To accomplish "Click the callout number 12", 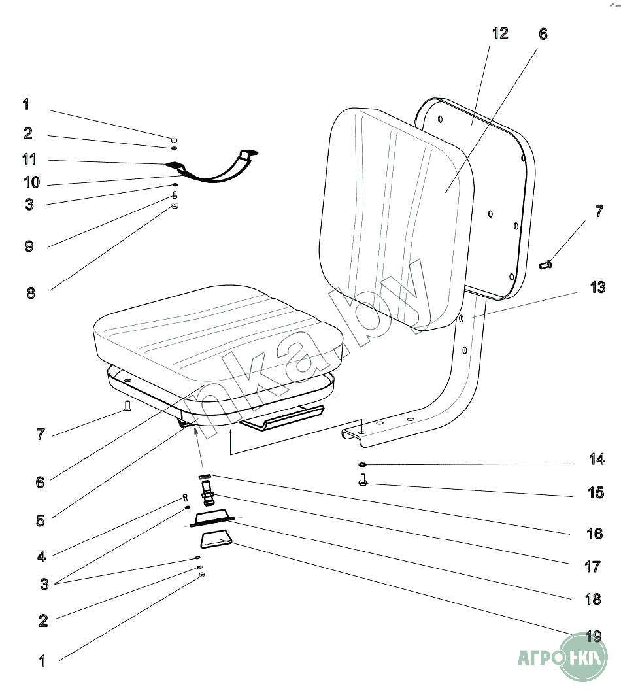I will click(499, 33).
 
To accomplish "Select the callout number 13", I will click(597, 287).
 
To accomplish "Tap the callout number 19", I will click(593, 636).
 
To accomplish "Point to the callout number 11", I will click(29, 160).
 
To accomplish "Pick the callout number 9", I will click(29, 246).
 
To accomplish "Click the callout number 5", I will click(40, 520).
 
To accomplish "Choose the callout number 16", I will click(594, 534).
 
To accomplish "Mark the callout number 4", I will click(41, 556).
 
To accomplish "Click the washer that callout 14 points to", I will click(362, 465).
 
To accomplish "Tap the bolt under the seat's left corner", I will click(128, 407).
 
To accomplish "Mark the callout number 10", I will click(31, 182).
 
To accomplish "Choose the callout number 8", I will click(31, 293).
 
